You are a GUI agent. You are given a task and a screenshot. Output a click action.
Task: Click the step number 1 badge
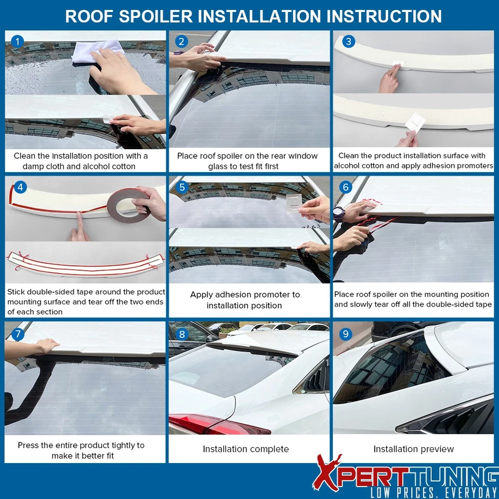18,42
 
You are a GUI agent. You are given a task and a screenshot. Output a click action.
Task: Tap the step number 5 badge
182,187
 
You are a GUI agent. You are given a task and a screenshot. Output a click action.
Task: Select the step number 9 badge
346,333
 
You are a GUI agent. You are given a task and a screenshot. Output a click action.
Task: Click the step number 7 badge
18,333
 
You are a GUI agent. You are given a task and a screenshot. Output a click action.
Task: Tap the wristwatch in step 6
339,213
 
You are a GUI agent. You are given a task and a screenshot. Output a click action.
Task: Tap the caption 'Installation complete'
245,449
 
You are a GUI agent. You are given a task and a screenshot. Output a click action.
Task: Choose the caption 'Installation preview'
413,449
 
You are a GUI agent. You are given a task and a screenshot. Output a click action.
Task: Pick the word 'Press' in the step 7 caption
29,445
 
